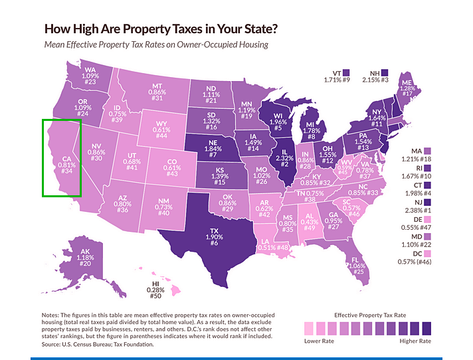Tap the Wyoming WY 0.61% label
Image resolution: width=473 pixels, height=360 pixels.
(x=161, y=129)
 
